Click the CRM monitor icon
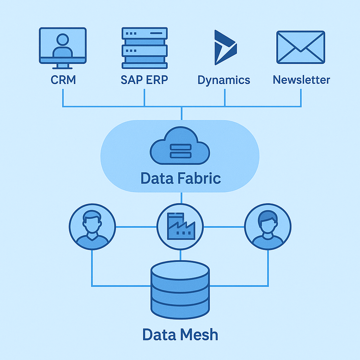pyautogui.click(x=63, y=48)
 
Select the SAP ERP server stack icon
pyautogui.click(x=144, y=48)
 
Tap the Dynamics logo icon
pyautogui.click(x=225, y=47)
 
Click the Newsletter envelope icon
pyautogui.click(x=301, y=47)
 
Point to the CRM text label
pyautogui.click(x=63, y=80)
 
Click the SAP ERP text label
pyautogui.click(x=144, y=80)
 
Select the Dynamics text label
pyautogui.click(x=224, y=80)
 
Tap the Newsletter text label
pyautogui.click(x=301, y=80)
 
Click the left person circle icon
pyautogui.click(x=92, y=226)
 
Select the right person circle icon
pyautogui.click(x=268, y=226)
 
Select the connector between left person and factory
pyautogui.click(x=136, y=227)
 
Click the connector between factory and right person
pyautogui.click(x=224, y=227)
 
